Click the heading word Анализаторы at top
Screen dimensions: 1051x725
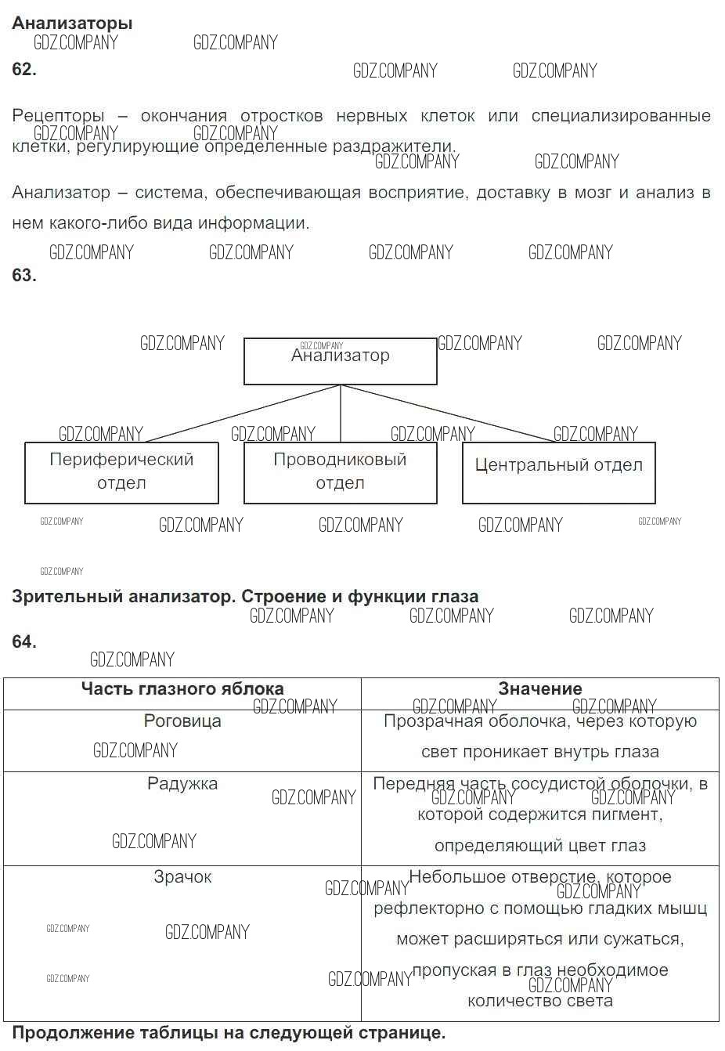pyautogui.click(x=72, y=23)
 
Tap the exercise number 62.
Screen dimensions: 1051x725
pyautogui.click(x=23, y=69)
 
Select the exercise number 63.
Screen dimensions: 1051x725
pyautogui.click(x=23, y=275)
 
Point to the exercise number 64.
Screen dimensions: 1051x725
pyautogui.click(x=23, y=641)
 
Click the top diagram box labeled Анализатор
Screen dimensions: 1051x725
pyautogui.click(x=340, y=361)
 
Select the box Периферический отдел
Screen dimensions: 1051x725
pyautogui.click(x=121, y=472)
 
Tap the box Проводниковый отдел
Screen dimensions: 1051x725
pyautogui.click(x=340, y=472)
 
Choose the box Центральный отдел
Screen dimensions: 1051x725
pyautogui.click(x=558, y=472)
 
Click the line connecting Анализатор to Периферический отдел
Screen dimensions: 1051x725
pyautogui.click(x=243, y=414)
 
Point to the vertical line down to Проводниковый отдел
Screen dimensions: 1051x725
pyautogui.click(x=341, y=414)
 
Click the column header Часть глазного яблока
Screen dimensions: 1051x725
pyautogui.click(x=182, y=689)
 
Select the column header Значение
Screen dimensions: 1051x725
pyautogui.click(x=540, y=689)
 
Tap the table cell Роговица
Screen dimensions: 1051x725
pyautogui.click(x=182, y=721)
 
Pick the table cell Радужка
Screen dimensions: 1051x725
pyautogui.click(x=182, y=784)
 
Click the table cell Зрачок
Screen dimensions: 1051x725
pyautogui.click(x=182, y=877)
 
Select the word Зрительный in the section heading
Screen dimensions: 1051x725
pyautogui.click(x=60, y=597)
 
